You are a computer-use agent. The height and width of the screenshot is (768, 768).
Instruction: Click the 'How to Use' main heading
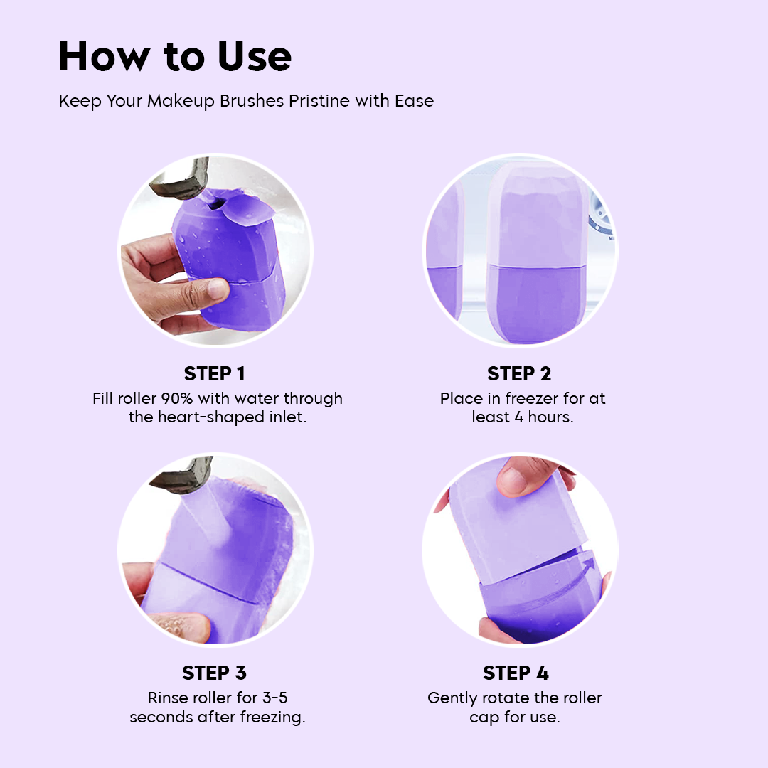[175, 57]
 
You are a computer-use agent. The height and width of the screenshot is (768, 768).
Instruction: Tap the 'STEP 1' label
[214, 374]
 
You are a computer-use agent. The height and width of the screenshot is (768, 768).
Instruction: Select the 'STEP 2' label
[519, 374]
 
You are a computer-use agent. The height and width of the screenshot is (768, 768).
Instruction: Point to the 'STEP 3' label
[214, 673]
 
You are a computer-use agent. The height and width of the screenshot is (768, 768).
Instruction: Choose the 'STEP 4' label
[516, 673]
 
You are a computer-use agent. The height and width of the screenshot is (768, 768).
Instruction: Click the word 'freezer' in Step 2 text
[523, 398]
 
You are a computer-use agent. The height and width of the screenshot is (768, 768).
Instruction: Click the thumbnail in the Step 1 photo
[218, 289]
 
